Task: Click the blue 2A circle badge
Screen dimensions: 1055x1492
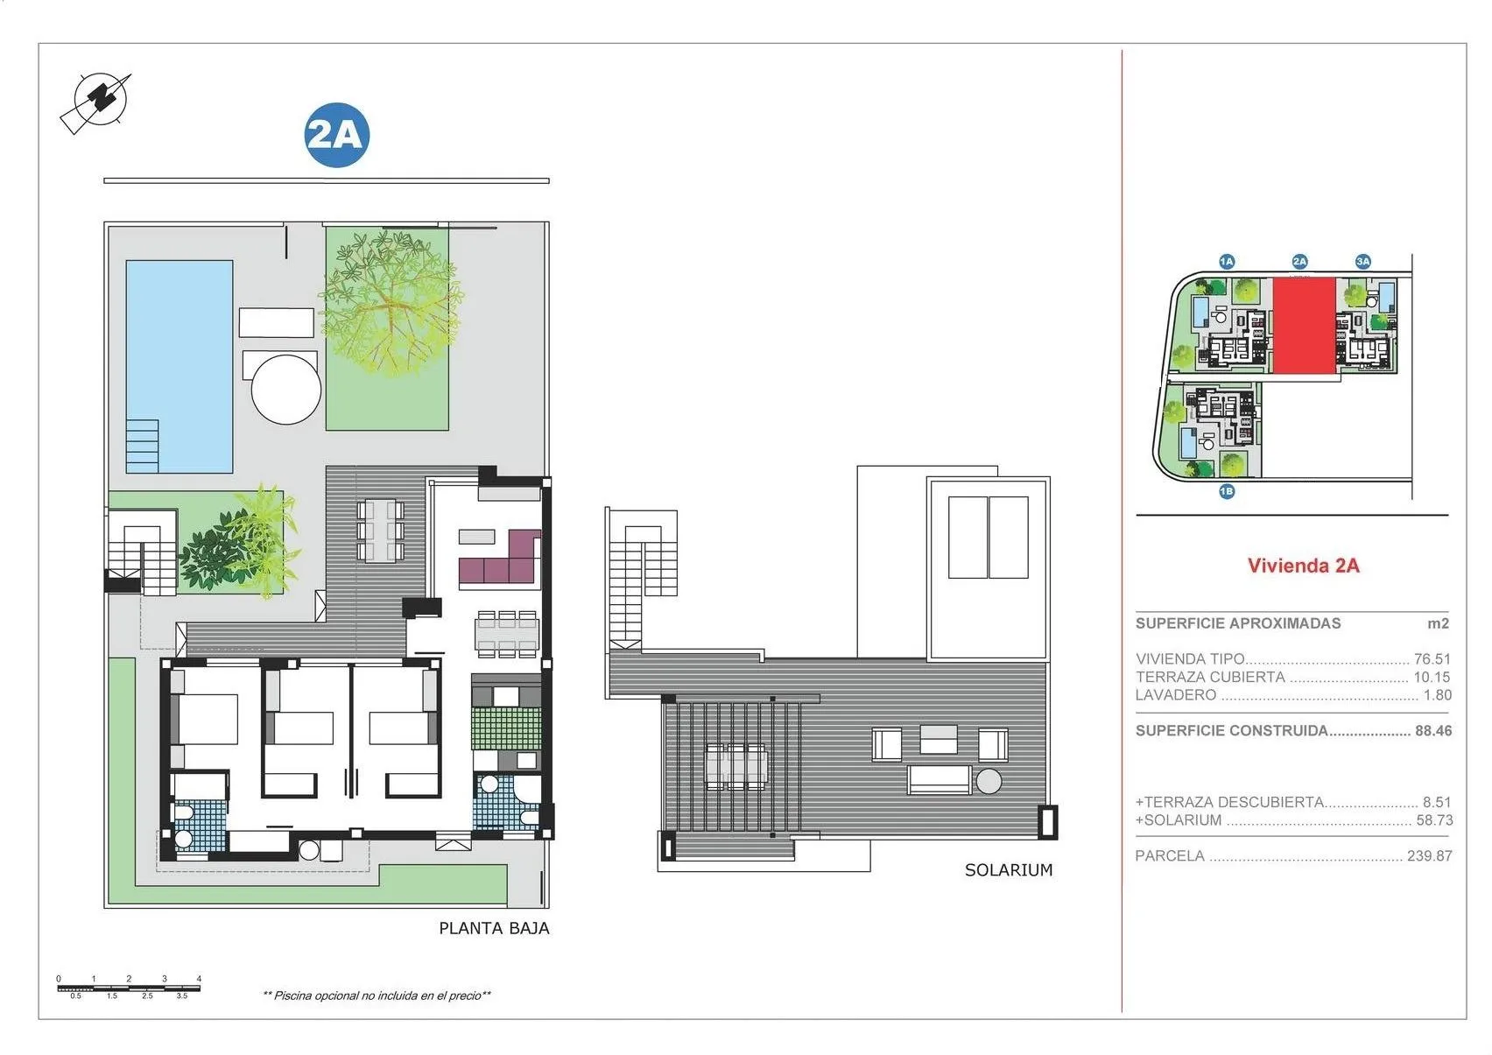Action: click(x=337, y=136)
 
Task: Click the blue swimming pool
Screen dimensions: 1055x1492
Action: click(x=179, y=350)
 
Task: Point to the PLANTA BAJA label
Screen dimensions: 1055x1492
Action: click(x=494, y=928)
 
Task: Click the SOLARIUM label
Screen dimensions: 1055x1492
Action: click(x=1008, y=869)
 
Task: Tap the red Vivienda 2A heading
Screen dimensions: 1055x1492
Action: click(x=1303, y=566)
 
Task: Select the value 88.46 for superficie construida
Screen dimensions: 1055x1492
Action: click(x=1433, y=730)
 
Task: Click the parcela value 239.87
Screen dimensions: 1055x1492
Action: click(x=1429, y=855)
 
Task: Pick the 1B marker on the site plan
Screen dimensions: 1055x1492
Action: click(x=1226, y=491)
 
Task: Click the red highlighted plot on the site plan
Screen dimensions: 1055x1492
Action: click(x=1304, y=325)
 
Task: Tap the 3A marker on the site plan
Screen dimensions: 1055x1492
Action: click(x=1362, y=261)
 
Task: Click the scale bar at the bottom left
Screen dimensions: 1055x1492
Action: click(x=129, y=988)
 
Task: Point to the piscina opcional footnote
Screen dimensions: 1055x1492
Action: click(x=377, y=995)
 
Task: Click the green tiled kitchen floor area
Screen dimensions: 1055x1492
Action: click(x=505, y=728)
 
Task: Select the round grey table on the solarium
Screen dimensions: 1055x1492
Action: click(x=989, y=780)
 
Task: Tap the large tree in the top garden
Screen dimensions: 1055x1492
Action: click(x=390, y=302)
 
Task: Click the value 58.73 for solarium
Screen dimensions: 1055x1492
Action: click(x=1434, y=820)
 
